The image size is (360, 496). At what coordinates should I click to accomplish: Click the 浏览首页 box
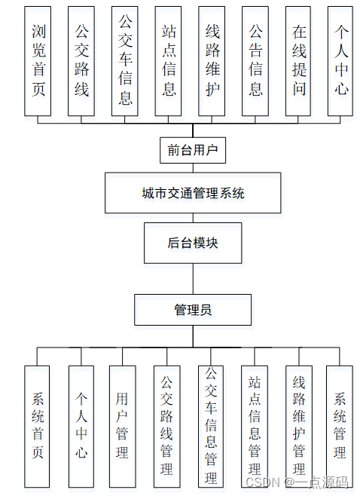(x=38, y=61)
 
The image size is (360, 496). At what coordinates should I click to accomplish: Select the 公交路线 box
(x=81, y=61)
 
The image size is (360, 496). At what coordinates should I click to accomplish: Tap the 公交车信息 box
(x=125, y=61)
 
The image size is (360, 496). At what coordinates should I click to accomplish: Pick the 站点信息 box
(x=169, y=61)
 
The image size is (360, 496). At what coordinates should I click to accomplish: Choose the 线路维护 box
(x=212, y=61)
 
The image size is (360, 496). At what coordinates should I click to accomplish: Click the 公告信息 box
(x=255, y=61)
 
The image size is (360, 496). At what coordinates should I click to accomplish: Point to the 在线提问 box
(x=299, y=61)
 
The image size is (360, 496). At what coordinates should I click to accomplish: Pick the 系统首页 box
(x=38, y=426)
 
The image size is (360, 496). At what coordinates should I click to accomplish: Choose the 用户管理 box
(x=122, y=426)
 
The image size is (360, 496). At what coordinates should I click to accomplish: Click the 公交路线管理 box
(x=166, y=426)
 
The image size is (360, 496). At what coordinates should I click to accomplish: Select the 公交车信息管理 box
(x=211, y=426)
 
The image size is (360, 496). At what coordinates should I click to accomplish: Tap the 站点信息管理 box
(x=255, y=426)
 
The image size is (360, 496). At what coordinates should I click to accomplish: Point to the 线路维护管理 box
(x=298, y=426)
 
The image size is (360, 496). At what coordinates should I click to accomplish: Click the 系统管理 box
(x=339, y=426)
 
